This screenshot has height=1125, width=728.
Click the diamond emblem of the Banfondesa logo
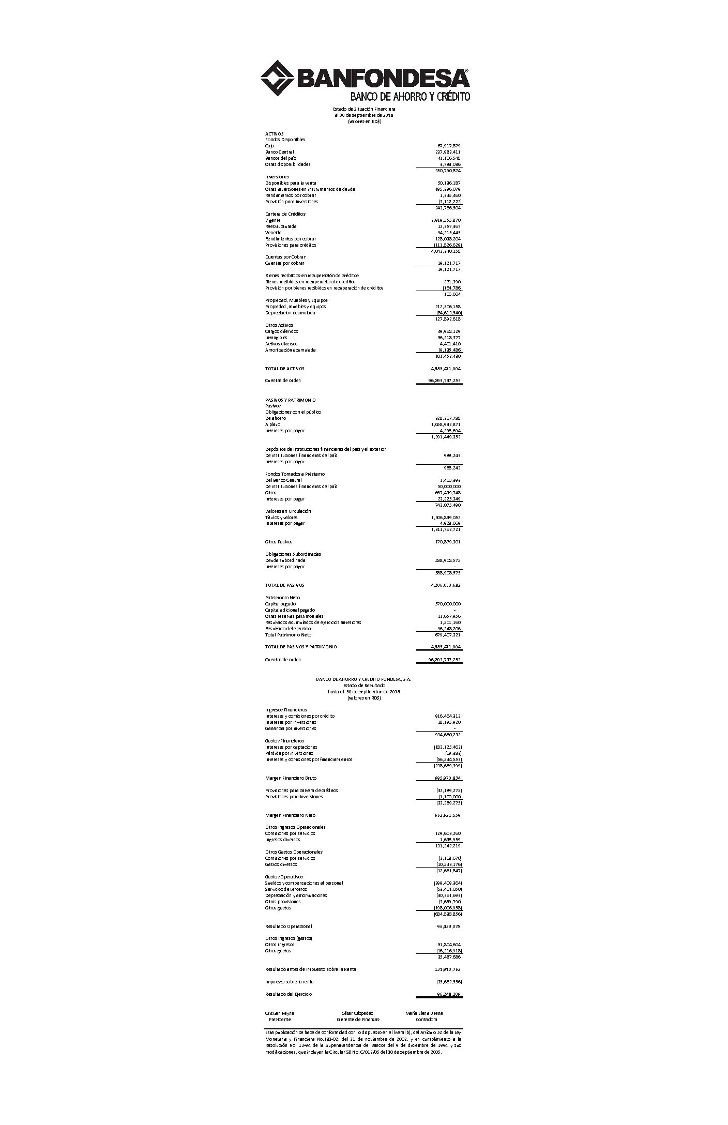coord(277,78)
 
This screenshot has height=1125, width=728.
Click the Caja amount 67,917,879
coord(448,146)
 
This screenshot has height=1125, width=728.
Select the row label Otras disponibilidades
coord(288,164)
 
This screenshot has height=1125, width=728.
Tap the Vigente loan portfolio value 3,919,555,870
coord(446,220)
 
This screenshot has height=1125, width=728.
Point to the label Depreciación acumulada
coord(290,313)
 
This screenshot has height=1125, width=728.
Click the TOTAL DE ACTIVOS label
coord(285,369)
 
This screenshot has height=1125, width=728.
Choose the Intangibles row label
coord(276,338)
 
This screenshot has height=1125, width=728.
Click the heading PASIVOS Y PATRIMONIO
coord(291,400)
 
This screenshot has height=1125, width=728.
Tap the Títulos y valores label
coord(281,518)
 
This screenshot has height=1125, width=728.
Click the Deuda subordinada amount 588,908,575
coord(447,560)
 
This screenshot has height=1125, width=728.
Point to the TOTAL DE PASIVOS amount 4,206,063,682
coord(446,585)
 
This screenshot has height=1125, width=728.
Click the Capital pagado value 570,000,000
coord(448,604)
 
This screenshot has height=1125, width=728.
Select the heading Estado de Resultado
coord(364,686)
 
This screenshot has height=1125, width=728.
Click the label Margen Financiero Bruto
coord(291,778)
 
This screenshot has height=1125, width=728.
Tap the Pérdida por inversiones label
coord(289,753)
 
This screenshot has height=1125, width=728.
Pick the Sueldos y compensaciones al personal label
coord(304,883)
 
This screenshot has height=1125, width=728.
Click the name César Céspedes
coord(357,1013)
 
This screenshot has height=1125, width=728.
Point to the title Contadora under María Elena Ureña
coord(426,1020)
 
